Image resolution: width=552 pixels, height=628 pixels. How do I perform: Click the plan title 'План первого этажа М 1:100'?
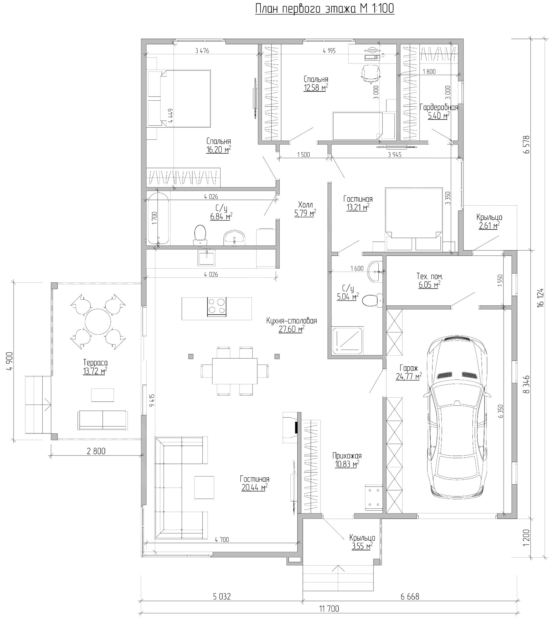coord(324,9)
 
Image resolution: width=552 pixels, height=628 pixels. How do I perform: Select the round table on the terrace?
coord(98,322)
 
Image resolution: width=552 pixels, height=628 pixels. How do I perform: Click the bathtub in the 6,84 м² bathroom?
coord(158,218)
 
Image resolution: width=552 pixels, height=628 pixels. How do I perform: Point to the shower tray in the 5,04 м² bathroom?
coord(348,341)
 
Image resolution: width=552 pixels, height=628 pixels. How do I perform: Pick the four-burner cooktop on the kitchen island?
coord(217,307)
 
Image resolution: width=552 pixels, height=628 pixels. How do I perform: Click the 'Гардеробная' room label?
coord(439,108)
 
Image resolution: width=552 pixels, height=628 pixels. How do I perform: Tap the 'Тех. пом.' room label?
coord(430,276)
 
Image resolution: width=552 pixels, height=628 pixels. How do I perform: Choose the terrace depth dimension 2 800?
coord(96,451)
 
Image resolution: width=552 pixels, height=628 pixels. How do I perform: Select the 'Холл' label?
coord(305,205)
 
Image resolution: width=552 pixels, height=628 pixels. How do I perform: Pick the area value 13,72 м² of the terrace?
coord(95,371)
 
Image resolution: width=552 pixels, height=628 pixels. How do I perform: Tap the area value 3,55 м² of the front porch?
coord(362,546)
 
